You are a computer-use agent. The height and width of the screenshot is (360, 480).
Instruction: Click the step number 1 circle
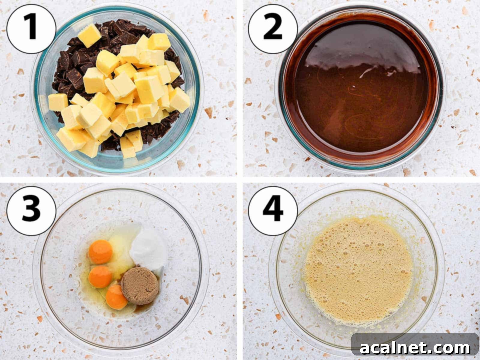pyautogui.click(x=31, y=28)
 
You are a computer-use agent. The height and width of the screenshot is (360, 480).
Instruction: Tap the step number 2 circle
pyautogui.click(x=273, y=28)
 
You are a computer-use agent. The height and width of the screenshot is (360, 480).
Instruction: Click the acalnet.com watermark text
pyautogui.click(x=415, y=348)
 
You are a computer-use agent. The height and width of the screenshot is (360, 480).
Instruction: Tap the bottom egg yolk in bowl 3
pyautogui.click(x=116, y=297)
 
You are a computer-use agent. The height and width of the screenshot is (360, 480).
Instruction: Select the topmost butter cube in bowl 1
pyautogui.click(x=89, y=35)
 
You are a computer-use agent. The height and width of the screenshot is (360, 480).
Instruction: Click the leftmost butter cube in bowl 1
pyautogui.click(x=58, y=102)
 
